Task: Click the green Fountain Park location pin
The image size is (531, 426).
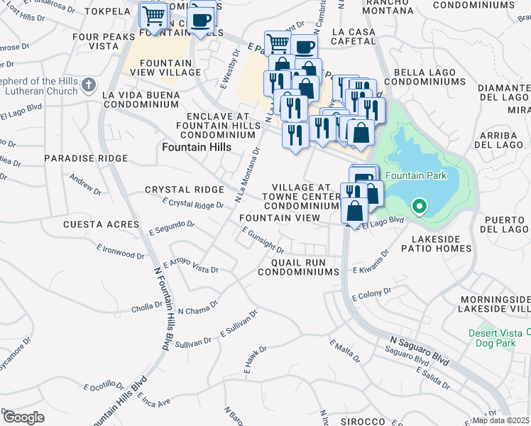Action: [x=419, y=207]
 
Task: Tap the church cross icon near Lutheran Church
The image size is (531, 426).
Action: [x=88, y=86]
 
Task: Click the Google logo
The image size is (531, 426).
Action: [x=23, y=417]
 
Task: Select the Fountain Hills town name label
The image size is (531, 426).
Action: [x=197, y=147]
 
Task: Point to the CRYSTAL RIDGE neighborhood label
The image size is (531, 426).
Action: [x=184, y=190]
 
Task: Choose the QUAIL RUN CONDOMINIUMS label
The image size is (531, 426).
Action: [x=302, y=267]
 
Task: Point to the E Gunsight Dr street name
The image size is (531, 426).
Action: [x=263, y=241]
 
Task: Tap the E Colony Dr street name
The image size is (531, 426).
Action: [x=371, y=294]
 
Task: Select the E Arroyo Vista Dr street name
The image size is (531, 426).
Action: [x=191, y=266]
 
